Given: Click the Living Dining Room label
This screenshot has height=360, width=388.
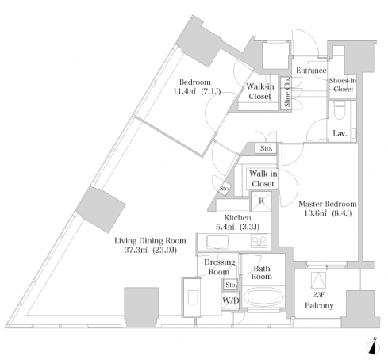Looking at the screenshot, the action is pyautogui.click(x=150, y=241).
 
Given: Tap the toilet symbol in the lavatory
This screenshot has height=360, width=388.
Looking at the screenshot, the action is pyautogui.click(x=339, y=112).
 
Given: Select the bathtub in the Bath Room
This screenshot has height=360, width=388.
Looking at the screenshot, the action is pyautogui.click(x=263, y=297).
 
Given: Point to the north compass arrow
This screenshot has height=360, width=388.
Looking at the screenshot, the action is pyautogui.click(x=373, y=347).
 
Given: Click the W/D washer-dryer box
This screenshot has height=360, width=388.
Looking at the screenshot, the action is pyautogui.click(x=231, y=301).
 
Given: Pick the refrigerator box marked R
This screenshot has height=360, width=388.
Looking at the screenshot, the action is pyautogui.click(x=261, y=201).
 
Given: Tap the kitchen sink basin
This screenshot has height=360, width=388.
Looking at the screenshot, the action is pyautogui.click(x=217, y=242).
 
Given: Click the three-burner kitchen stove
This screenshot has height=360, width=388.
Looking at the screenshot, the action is pyautogui.click(x=259, y=241).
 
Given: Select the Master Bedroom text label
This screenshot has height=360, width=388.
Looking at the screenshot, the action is pyautogui.click(x=328, y=204).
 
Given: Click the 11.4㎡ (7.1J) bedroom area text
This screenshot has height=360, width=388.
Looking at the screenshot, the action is pyautogui.click(x=197, y=92).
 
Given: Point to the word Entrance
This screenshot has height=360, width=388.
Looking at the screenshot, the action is pyautogui.click(x=311, y=71).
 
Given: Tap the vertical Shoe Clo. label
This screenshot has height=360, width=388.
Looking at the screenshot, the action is pyautogui.click(x=287, y=92).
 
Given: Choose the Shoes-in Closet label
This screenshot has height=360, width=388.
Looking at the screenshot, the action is pyautogui.click(x=343, y=85).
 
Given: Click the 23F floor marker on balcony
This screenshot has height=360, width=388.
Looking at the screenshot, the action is pyautogui.click(x=319, y=294).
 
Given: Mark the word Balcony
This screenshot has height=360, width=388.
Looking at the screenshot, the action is pyautogui.click(x=319, y=305).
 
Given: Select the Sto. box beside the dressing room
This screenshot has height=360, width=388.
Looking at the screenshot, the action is pyautogui.click(x=231, y=285).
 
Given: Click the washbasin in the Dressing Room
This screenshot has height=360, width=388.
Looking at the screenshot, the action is pyautogui.click(x=193, y=297).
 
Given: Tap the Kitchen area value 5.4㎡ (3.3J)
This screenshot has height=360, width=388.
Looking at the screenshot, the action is pyautogui.click(x=237, y=227).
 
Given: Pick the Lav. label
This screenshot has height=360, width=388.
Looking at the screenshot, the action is pyautogui.click(x=340, y=133).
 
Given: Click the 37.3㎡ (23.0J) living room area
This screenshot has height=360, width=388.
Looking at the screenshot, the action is pyautogui.click(x=150, y=250).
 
